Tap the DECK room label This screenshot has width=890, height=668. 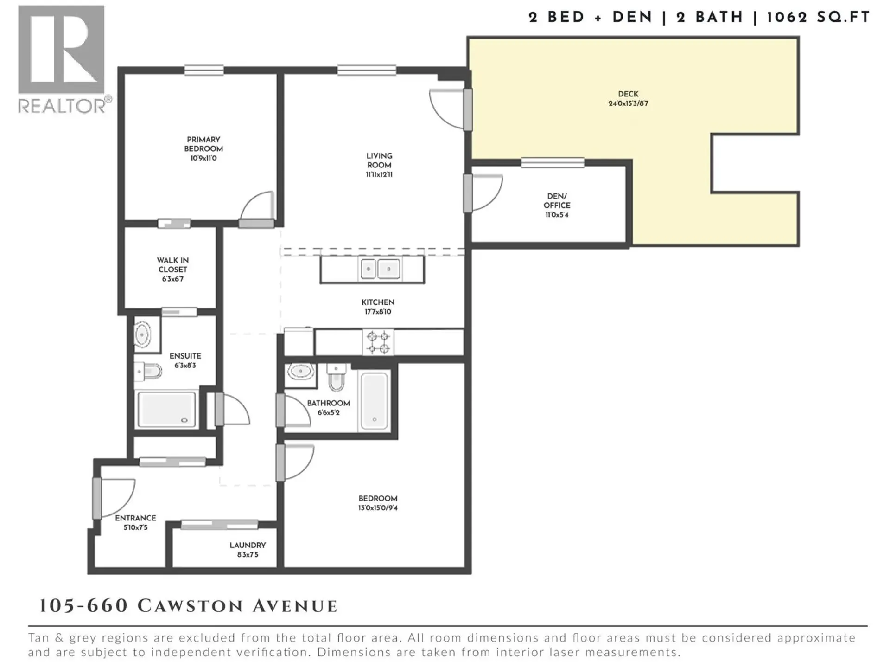(x=628, y=94)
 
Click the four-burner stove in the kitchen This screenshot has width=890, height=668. (x=378, y=342)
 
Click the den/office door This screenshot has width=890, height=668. (x=484, y=193)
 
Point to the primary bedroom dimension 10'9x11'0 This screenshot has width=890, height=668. (x=203, y=158)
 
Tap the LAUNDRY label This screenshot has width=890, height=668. (x=248, y=545)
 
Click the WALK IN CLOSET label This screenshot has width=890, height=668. (x=172, y=265)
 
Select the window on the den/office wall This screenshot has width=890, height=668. (x=552, y=163)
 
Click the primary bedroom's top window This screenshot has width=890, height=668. (x=204, y=71)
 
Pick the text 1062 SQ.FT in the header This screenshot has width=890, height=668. (x=818, y=18)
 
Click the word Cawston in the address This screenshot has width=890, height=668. (x=190, y=606)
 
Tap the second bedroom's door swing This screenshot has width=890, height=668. (x=297, y=462)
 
